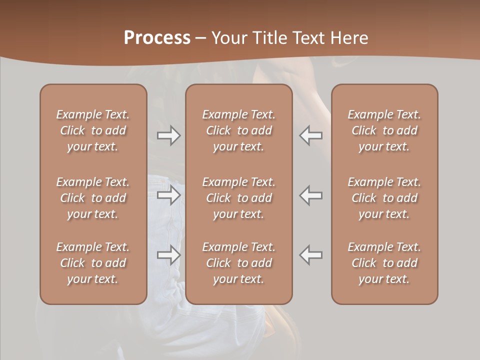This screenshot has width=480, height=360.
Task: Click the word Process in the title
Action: tap(157, 37)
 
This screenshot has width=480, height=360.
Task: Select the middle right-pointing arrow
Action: tap(169, 195)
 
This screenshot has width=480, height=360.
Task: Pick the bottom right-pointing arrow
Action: tap(169, 255)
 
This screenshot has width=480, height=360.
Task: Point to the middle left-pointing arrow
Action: tap(311, 195)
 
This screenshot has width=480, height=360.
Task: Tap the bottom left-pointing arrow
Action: tap(311, 255)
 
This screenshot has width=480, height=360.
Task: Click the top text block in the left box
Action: tap(93, 130)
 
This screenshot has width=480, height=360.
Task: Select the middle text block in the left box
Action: tap(93, 198)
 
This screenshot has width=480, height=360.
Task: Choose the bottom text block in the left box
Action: tap(93, 263)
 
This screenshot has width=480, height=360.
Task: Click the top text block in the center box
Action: tap(239, 130)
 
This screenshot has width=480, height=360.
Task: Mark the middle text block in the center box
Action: tap(239, 198)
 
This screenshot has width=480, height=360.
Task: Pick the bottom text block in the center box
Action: tap(239, 263)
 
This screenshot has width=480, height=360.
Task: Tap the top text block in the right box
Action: tap(384, 130)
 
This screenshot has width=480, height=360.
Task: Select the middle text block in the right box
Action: tap(384, 198)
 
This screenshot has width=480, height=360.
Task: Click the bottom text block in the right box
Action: tap(384, 263)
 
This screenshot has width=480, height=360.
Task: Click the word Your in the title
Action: tap(227, 37)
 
